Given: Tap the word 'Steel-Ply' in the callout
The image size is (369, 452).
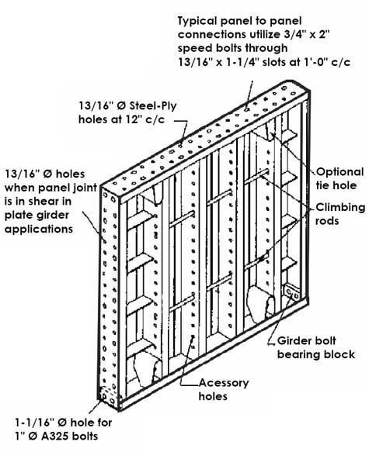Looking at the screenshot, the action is click(x=153, y=106).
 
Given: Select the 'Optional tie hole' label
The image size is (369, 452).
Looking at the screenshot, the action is click(x=339, y=178).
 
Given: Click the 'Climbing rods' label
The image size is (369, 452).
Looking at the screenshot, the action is click(x=340, y=214).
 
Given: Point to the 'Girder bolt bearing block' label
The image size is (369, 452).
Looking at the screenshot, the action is click(x=316, y=347).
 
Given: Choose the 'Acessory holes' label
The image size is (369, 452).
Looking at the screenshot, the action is click(x=224, y=389).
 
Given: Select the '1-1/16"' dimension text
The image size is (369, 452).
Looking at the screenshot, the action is click(x=35, y=423).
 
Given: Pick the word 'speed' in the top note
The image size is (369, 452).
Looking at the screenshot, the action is click(x=193, y=48).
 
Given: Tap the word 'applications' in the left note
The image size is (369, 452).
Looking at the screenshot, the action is click(x=39, y=229).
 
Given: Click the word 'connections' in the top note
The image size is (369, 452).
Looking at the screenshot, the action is click(x=212, y=35).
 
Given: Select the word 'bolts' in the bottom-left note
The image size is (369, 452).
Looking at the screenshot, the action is click(x=85, y=436).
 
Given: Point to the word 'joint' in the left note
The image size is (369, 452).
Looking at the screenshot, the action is click(x=84, y=188).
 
